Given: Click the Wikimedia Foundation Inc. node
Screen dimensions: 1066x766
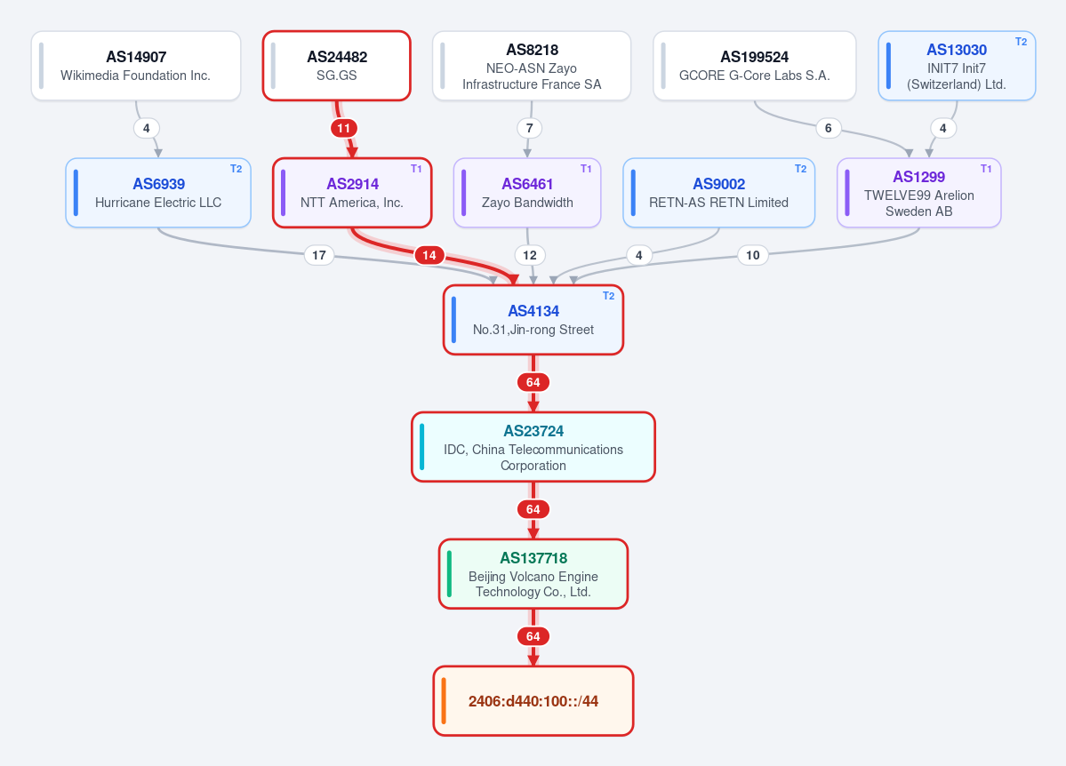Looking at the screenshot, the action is tap(136, 66).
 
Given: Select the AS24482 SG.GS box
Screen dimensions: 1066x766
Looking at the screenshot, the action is tap(337, 66).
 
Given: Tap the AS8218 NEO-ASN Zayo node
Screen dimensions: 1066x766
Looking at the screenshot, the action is tap(532, 66).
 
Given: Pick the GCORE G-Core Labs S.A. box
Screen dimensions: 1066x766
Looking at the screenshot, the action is tap(755, 66).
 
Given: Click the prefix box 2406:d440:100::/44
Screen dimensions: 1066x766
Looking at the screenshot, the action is tap(533, 701).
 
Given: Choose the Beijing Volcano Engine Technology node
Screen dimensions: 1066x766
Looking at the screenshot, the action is tap(533, 574).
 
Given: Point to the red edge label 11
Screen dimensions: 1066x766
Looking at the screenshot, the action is tap(344, 128).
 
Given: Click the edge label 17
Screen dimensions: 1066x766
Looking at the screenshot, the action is tap(319, 255).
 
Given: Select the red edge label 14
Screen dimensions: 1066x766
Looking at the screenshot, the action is tap(429, 255).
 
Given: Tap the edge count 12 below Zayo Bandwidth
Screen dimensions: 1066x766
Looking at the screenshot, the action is tap(530, 255).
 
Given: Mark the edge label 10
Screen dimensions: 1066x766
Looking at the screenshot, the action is tap(752, 255).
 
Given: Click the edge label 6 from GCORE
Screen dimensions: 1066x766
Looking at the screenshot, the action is tap(828, 128).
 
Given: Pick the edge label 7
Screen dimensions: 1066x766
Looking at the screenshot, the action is tap(530, 128).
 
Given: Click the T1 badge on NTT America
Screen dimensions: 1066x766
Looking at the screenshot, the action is tap(416, 169).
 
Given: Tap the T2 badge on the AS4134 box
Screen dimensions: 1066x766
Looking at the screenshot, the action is tap(608, 296).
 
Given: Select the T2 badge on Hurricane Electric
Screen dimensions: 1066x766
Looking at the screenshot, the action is tap(236, 169).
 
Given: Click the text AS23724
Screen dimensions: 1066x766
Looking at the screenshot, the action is tap(533, 431).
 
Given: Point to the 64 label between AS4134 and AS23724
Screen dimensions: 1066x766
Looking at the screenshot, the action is tap(533, 382).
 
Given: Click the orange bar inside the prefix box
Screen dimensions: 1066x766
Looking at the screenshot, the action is tap(444, 701).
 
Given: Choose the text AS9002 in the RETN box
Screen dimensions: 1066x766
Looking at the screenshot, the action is tap(718, 184).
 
